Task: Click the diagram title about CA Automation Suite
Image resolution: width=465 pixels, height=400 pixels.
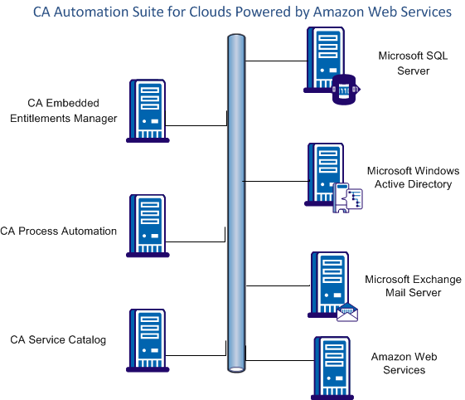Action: pos(241,12)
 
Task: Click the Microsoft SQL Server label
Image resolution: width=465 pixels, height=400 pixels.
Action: pos(413,63)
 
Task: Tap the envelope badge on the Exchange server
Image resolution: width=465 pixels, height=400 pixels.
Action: pos(346,311)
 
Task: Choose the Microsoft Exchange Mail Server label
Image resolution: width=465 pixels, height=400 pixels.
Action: pos(413,286)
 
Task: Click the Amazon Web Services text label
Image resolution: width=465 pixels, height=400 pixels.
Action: pos(404,363)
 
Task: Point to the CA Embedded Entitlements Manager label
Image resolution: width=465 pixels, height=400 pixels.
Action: pos(63,110)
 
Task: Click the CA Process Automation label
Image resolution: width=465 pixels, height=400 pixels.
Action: pos(59,231)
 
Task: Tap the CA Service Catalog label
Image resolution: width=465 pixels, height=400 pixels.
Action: pos(58,339)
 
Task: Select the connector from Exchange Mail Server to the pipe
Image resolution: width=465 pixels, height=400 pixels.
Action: pos(279,285)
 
